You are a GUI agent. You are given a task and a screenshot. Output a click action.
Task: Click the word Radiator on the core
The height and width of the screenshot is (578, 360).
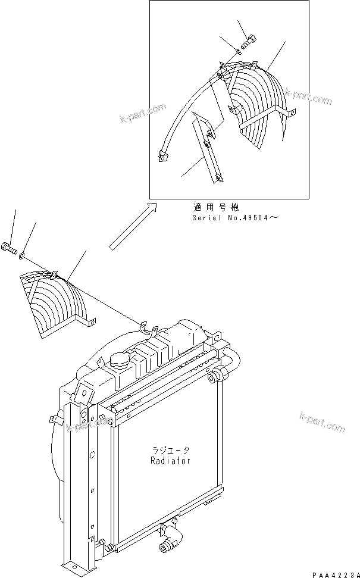171,461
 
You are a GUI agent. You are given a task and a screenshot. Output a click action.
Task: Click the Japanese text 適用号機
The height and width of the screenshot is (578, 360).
215,208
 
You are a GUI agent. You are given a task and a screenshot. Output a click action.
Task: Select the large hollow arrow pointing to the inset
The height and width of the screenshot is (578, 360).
133,226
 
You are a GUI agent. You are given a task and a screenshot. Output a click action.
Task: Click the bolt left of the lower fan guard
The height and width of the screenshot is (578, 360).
11,247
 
